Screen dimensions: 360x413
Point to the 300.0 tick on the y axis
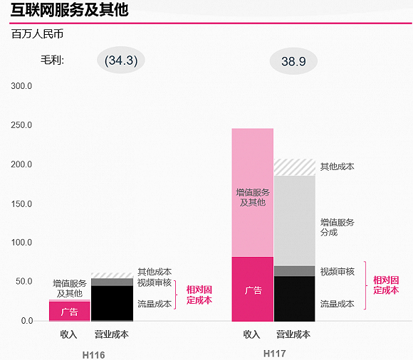(x=21, y=86)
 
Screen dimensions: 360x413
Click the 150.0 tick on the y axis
(x=21, y=203)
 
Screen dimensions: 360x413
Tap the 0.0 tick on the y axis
(x=26, y=321)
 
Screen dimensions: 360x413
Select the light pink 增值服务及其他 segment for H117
(x=252, y=192)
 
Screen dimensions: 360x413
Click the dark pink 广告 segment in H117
(x=252, y=289)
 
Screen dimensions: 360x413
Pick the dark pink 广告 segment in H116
(x=69, y=311)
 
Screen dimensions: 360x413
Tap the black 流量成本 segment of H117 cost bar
(x=295, y=299)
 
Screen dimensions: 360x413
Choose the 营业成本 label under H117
(x=293, y=334)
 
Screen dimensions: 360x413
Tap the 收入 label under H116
(x=68, y=334)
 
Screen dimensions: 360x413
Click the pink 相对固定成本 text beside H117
(x=386, y=285)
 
